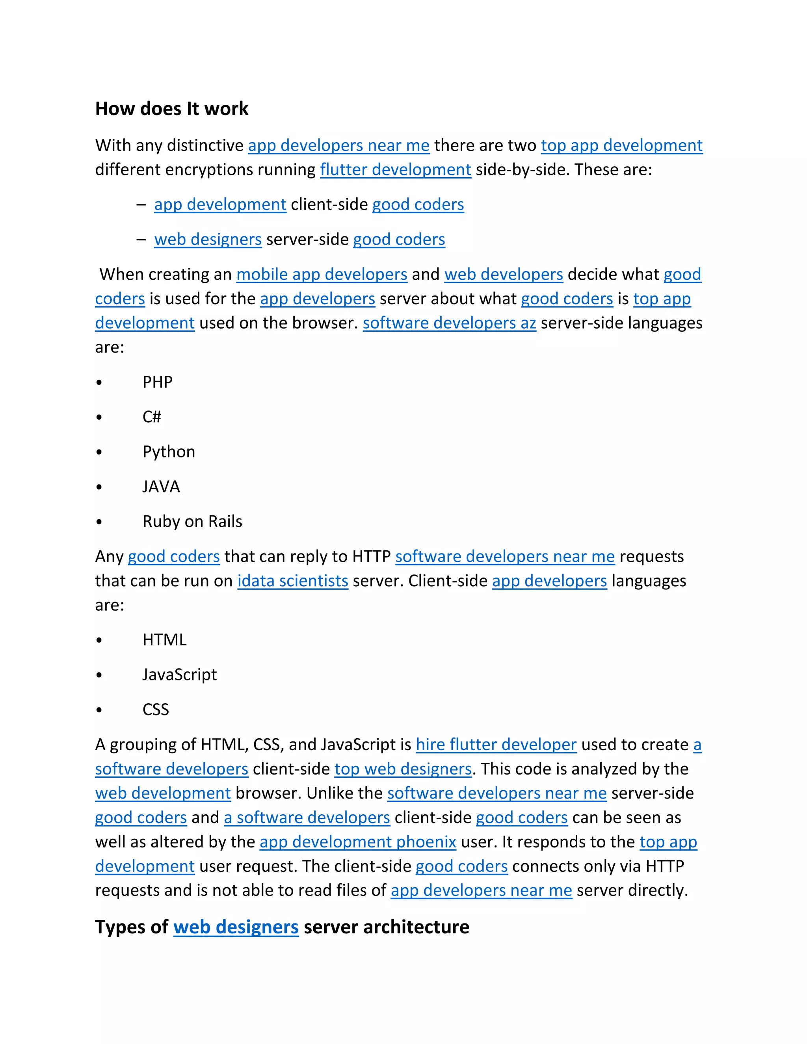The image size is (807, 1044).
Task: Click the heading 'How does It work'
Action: [172, 109]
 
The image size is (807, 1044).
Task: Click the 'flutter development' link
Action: [395, 170]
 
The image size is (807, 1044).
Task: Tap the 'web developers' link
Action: [504, 274]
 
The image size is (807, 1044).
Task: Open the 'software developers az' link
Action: [449, 323]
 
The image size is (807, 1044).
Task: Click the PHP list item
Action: [157, 382]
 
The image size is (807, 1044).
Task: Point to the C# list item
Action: [152, 417]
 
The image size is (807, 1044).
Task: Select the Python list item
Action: [169, 452]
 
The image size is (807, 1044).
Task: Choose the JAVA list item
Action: [161, 487]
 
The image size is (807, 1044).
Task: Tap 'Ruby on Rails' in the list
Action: [192, 522]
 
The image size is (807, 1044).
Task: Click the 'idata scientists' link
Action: [293, 581]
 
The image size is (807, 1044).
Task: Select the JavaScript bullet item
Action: [179, 674]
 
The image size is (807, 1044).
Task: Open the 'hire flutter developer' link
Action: [496, 745]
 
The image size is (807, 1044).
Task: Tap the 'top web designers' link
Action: [403, 769]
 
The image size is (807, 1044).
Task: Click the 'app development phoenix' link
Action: [358, 842]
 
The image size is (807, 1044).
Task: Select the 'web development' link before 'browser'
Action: [163, 793]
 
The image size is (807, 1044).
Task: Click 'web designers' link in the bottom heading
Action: [236, 927]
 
